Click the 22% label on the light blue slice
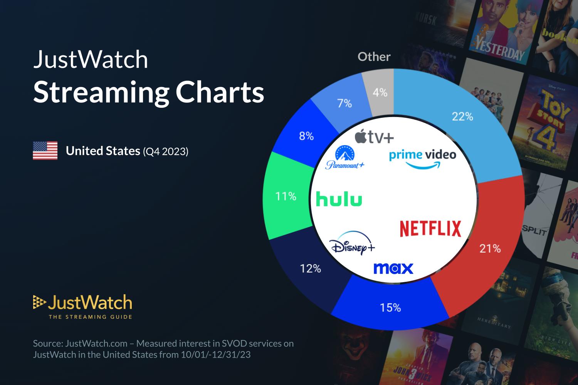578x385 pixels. [462, 116]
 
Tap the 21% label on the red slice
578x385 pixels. [490, 249]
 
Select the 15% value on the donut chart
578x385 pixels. [390, 308]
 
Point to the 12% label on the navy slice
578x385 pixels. [311, 268]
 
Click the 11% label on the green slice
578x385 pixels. [286, 196]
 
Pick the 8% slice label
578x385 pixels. [306, 136]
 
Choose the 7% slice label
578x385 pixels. [344, 104]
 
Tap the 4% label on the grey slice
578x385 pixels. [380, 92]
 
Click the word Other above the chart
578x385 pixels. [374, 57]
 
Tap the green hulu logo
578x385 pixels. [339, 199]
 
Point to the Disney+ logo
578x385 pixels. [352, 244]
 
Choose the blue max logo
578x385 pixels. [393, 268]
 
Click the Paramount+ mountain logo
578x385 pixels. [345, 157]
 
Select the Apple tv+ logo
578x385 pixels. [374, 137]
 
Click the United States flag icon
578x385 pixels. [45, 151]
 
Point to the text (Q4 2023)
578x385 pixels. [165, 151]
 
